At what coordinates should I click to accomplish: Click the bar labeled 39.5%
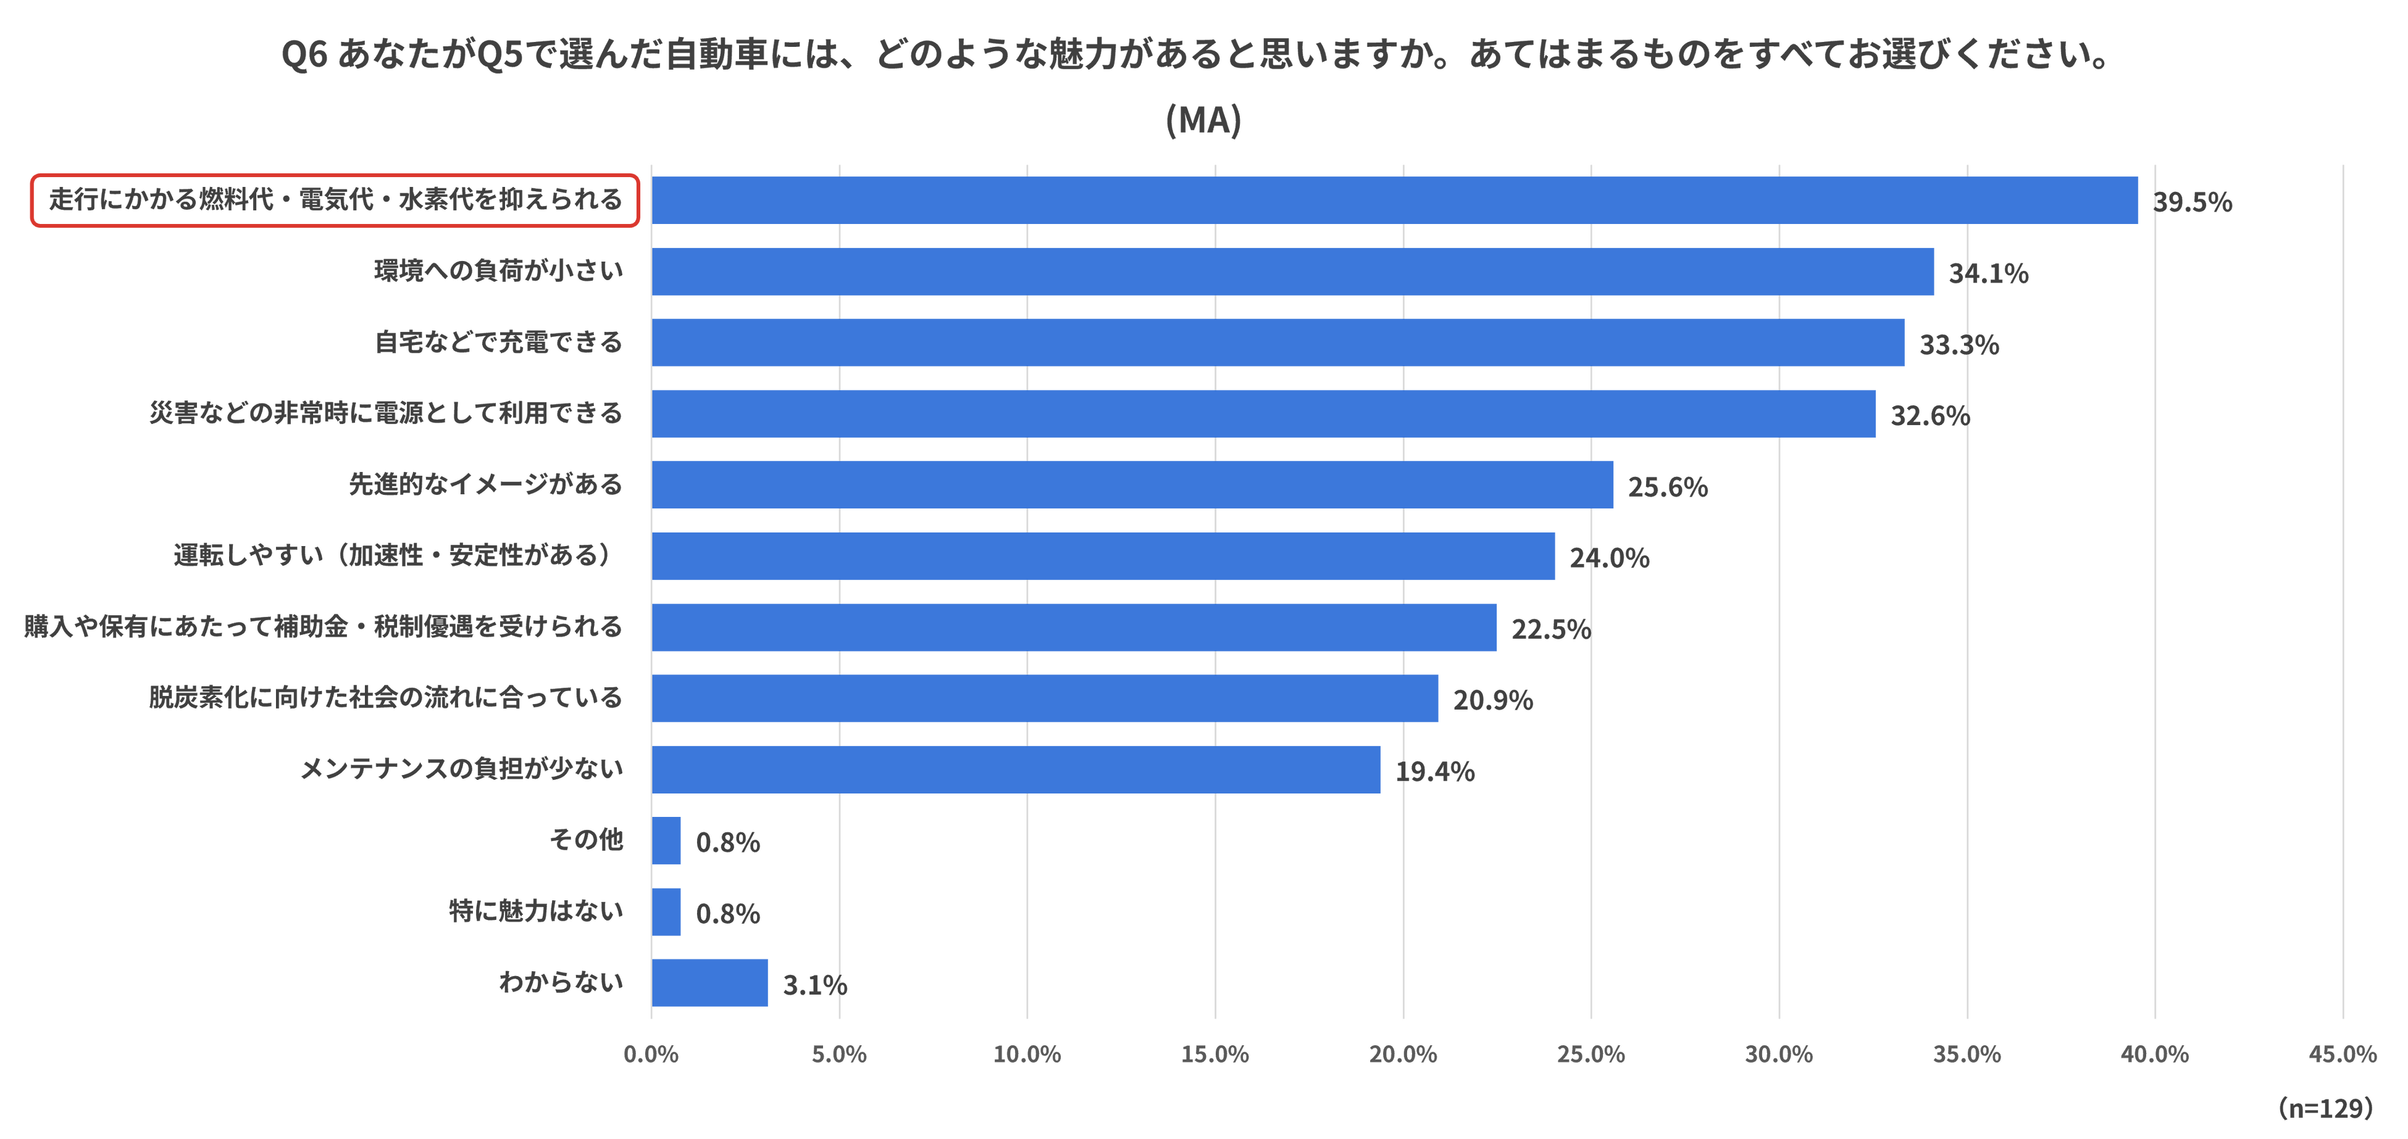coord(1395,200)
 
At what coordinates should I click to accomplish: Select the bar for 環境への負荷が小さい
coord(1293,271)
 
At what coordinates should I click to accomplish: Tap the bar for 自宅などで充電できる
coord(1278,342)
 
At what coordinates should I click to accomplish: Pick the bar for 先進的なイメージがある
coord(1132,484)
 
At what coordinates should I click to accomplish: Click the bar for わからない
coord(709,982)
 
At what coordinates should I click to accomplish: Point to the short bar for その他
coord(666,840)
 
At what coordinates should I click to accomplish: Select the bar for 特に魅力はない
coord(666,911)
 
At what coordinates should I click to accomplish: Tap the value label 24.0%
coord(1610,558)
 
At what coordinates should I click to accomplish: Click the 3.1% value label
coord(815,985)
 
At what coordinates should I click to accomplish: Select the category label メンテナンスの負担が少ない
coord(461,769)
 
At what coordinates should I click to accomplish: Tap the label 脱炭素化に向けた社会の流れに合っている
coord(385,698)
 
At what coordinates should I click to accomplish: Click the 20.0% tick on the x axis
coord(1403,1054)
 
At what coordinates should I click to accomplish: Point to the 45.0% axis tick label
coord(2343,1054)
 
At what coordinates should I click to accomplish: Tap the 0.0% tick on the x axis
coord(651,1054)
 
